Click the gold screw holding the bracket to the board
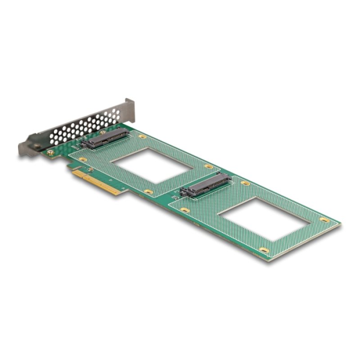(x=51, y=153)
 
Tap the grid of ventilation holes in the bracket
(x=81, y=126)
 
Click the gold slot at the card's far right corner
(x=324, y=220)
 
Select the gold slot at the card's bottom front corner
(x=265, y=250)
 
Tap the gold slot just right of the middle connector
(x=245, y=183)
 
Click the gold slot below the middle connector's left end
(x=184, y=210)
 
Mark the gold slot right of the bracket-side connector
(x=143, y=136)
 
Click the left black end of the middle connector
(x=184, y=192)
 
